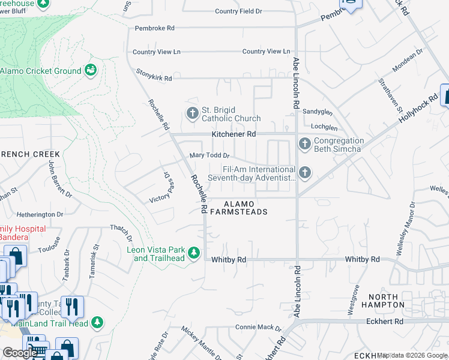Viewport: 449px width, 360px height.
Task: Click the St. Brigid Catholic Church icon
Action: pyautogui.click(x=192, y=113)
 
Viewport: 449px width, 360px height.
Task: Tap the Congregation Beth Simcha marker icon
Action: pyautogui.click(x=304, y=143)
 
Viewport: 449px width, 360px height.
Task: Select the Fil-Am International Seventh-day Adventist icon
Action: pyautogui.click(x=305, y=173)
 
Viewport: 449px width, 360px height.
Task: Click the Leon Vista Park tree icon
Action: pyautogui.click(x=193, y=254)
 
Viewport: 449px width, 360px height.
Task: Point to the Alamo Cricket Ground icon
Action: pyautogui.click(x=91, y=71)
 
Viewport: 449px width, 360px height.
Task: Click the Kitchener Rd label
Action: pyautogui.click(x=234, y=134)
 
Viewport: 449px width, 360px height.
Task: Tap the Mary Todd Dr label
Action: pyautogui.click(x=209, y=155)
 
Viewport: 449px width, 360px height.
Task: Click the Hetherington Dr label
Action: pyautogui.click(x=40, y=214)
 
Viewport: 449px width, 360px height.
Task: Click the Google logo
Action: pyautogui.click(x=20, y=353)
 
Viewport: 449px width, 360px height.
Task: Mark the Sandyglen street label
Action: pyautogui.click(x=318, y=112)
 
